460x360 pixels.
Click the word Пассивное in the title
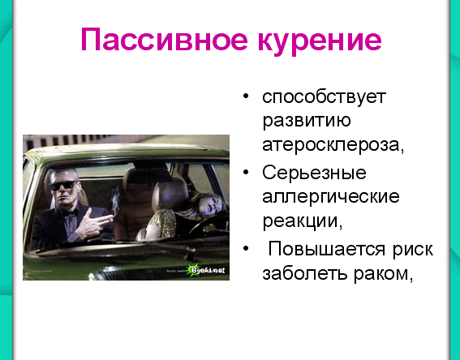164,40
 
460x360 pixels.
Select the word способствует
324,97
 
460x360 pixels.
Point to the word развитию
307,121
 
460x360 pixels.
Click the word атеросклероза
333,144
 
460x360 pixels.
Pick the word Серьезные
314,173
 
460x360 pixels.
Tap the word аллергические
331,196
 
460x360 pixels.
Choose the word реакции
302,221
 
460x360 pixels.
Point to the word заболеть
305,273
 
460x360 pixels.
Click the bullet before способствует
246,96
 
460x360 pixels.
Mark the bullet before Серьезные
246,172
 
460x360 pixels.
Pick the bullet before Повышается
246,249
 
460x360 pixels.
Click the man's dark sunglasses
63,186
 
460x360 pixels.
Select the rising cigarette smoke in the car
116,200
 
